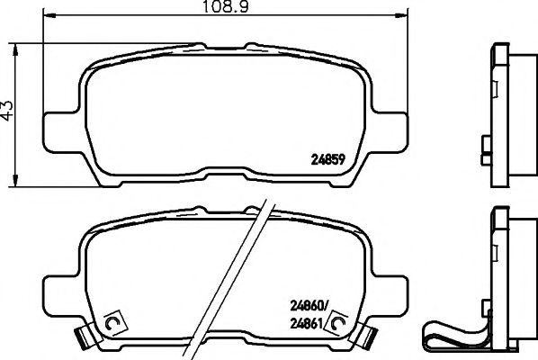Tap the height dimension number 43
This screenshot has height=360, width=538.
point(9,110)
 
